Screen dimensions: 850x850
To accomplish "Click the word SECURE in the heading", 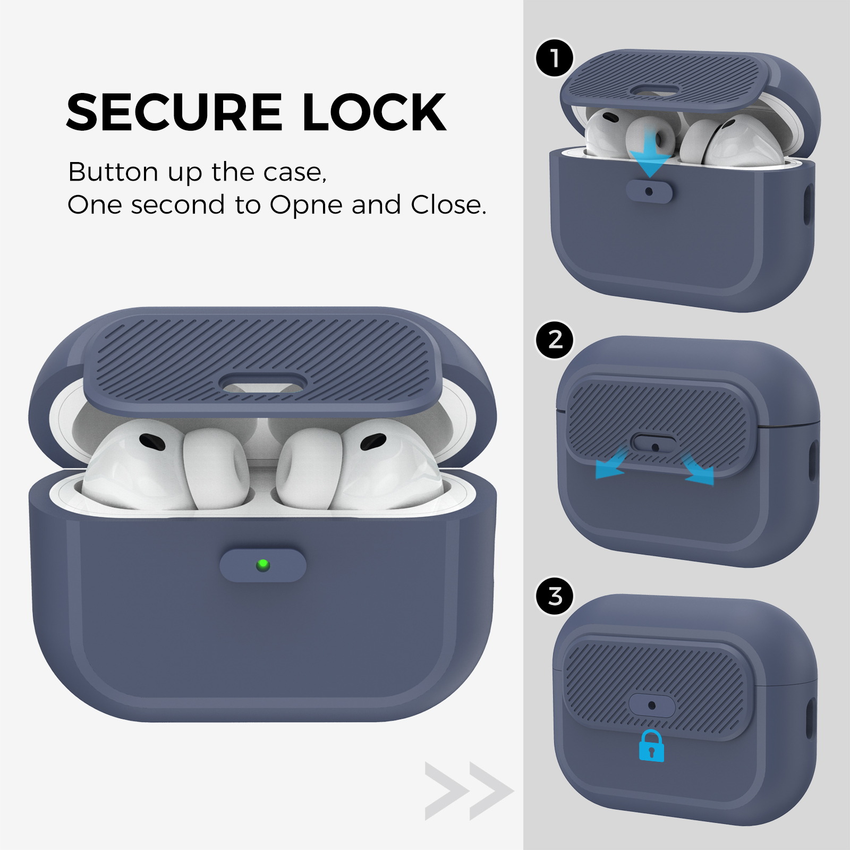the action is coord(174,112).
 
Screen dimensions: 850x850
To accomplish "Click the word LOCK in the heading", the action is coord(374,112).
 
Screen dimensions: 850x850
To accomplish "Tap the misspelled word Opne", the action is coord(306,205).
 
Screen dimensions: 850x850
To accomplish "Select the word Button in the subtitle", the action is coord(113,172).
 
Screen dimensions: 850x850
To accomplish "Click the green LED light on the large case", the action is coord(262,565).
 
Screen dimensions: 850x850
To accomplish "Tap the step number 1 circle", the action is coord(555,58).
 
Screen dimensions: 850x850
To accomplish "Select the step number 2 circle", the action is coord(555,339).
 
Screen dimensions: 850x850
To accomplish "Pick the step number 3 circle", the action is coord(555,596).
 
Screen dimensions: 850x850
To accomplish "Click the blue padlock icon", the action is coord(651,746).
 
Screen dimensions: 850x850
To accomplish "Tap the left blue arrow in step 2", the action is coord(613,464).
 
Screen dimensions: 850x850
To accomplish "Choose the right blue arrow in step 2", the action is coord(698,469).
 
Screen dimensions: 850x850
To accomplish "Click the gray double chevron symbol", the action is coord(469,791).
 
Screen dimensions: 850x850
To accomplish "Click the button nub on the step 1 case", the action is coord(649,191).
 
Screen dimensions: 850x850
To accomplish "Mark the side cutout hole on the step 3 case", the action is coord(811,719).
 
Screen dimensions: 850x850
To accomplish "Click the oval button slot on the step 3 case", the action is coord(652,705).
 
